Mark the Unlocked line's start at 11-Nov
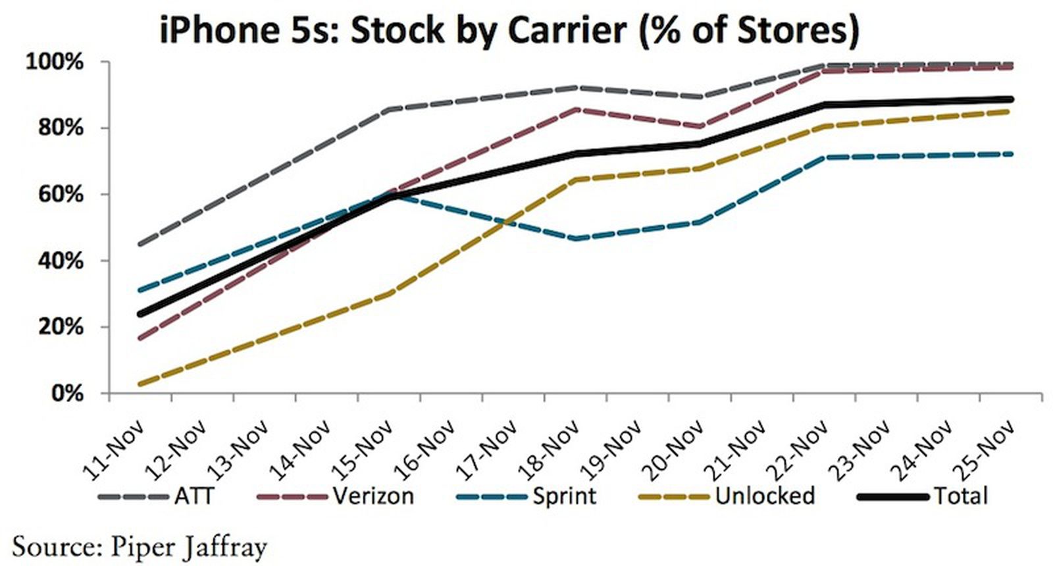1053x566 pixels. (140, 384)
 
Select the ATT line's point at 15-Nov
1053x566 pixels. (390, 109)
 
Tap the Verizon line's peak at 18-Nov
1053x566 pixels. (577, 109)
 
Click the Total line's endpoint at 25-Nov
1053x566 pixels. (1010, 99)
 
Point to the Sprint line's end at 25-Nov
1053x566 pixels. (1010, 154)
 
